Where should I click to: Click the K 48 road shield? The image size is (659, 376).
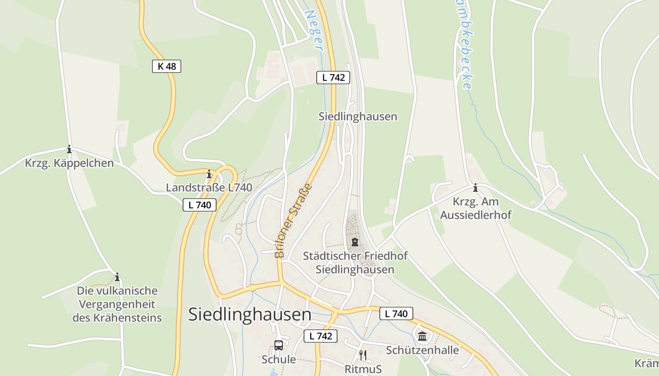click(x=167, y=66)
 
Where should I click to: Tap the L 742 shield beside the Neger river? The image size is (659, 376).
click(x=333, y=78)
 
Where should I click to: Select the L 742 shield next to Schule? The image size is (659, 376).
click(x=321, y=336)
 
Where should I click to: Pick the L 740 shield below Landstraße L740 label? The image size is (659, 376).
click(x=200, y=205)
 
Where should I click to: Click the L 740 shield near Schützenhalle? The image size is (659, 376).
click(x=396, y=313)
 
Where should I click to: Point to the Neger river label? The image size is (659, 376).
click(x=314, y=30)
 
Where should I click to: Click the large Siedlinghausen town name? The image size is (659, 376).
click(x=249, y=314)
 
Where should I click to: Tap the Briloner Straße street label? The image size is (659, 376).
click(x=293, y=221)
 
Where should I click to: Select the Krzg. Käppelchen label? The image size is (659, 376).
click(x=69, y=163)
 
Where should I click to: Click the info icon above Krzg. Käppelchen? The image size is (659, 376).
click(x=69, y=149)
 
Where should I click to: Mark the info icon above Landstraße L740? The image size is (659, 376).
click(x=209, y=174)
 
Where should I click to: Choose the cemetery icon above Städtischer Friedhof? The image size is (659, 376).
click(x=354, y=242)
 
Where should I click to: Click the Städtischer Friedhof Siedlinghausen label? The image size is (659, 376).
click(x=355, y=263)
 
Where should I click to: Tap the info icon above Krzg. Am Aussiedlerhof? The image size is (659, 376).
click(x=475, y=188)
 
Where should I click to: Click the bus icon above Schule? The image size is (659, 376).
click(x=279, y=345)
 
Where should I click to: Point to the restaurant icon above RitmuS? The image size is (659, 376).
click(x=362, y=354)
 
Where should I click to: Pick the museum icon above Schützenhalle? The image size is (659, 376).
click(x=422, y=336)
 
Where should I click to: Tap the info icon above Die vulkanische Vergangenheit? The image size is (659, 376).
click(x=117, y=277)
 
